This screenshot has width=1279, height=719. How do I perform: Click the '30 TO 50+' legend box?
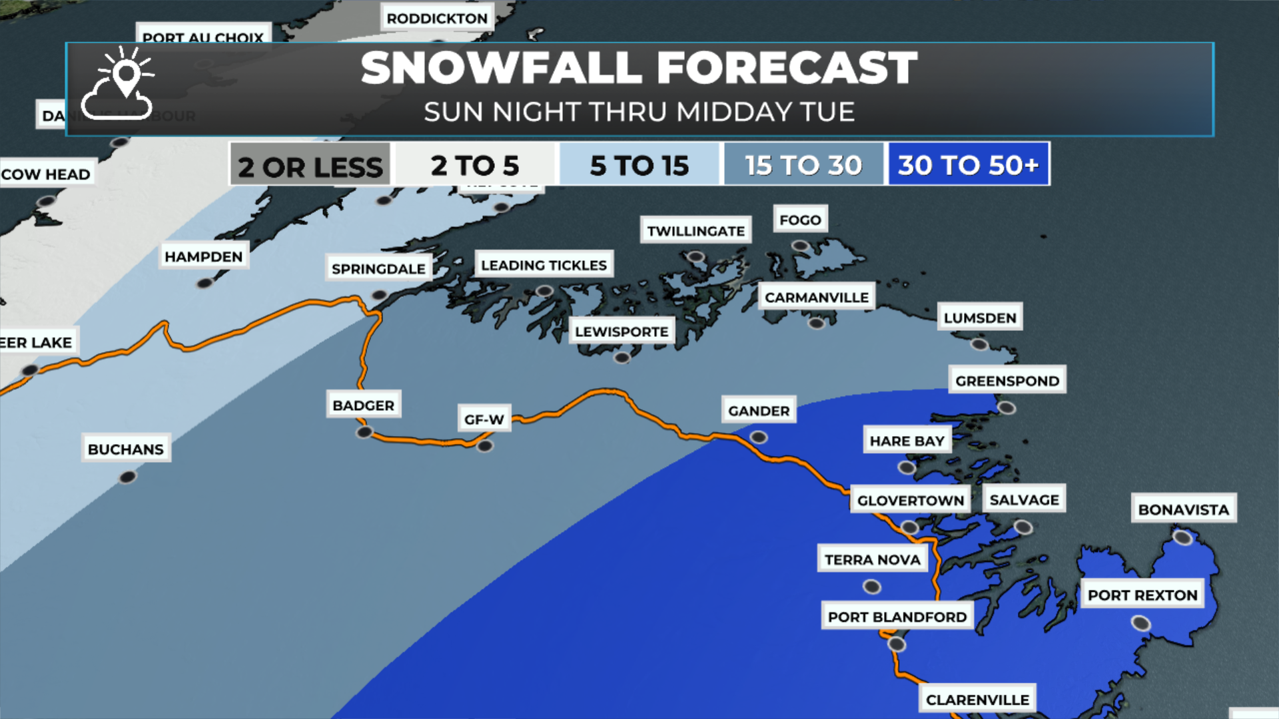coord(968,164)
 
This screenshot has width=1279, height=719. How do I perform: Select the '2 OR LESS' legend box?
coord(310,165)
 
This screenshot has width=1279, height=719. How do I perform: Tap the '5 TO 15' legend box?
coord(639,164)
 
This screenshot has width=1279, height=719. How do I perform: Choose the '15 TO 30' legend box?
coord(803,164)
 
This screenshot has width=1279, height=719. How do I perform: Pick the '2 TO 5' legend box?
coord(475,164)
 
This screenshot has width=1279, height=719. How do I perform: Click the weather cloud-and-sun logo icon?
coord(119,85)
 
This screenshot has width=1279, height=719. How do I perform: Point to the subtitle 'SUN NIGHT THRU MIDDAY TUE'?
coord(639,112)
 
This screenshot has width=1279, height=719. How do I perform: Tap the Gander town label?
coord(759,411)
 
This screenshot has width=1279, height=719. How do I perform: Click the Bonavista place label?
coord(1183,509)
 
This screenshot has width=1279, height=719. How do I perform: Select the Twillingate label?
coord(695,231)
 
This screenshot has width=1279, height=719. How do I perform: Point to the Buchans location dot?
coord(127,477)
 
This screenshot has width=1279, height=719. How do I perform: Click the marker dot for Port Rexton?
coord(1140,623)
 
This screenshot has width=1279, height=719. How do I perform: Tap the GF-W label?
coord(484,419)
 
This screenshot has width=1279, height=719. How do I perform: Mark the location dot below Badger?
coord(364,433)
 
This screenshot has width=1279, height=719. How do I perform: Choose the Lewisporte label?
coord(622,332)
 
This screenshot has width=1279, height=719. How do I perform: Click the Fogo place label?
coord(800,220)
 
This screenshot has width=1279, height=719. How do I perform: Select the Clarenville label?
coord(977,700)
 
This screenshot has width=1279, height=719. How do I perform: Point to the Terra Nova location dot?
coord(871,587)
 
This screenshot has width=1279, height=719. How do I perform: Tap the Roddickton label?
coord(437,19)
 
